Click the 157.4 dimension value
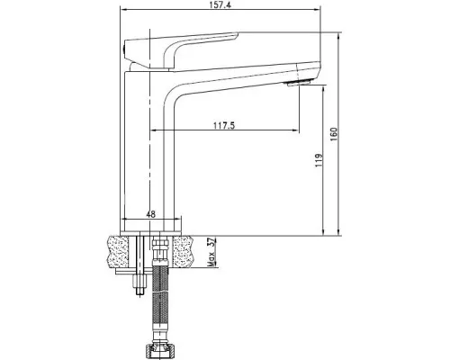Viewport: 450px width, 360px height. pyautogui.click(x=220, y=5)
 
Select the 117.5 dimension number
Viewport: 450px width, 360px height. pyautogui.click(x=224, y=125)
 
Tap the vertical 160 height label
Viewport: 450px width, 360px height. pyautogui.click(x=334, y=135)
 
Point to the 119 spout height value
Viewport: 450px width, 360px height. pyautogui.click(x=319, y=160)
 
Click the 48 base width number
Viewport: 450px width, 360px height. pyautogui.click(x=151, y=214)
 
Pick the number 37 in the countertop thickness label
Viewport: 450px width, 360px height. pyautogui.click(x=211, y=242)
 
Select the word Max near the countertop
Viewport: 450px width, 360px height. pyautogui.click(x=211, y=259)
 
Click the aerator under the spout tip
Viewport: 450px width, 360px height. pyautogui.click(x=298, y=84)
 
